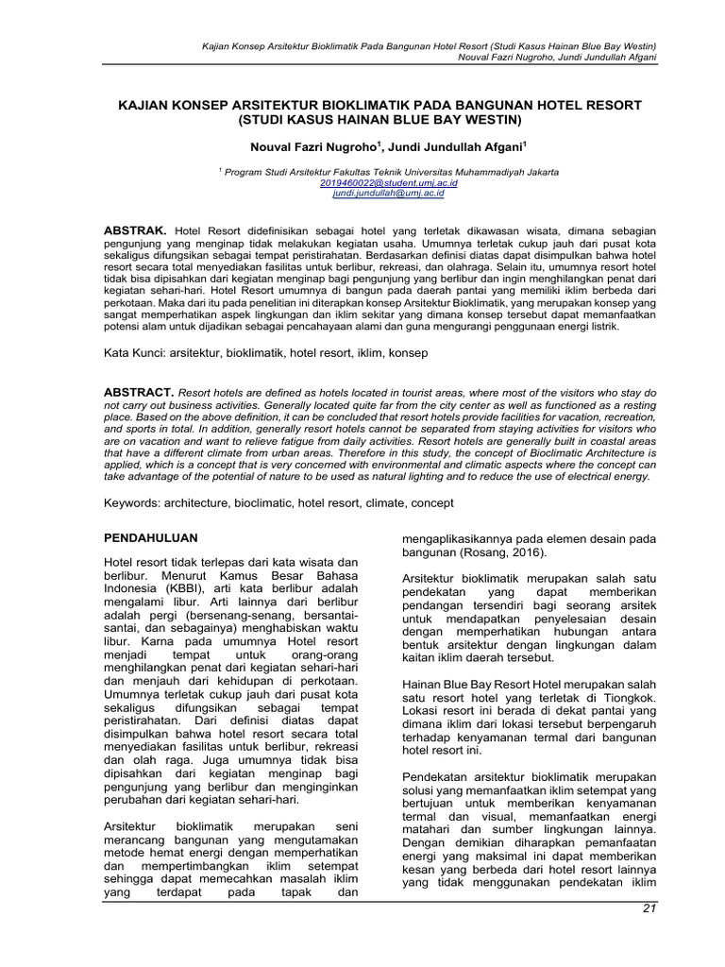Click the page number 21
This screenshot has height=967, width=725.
tap(647, 908)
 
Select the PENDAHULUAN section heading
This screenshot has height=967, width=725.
tap(150, 537)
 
